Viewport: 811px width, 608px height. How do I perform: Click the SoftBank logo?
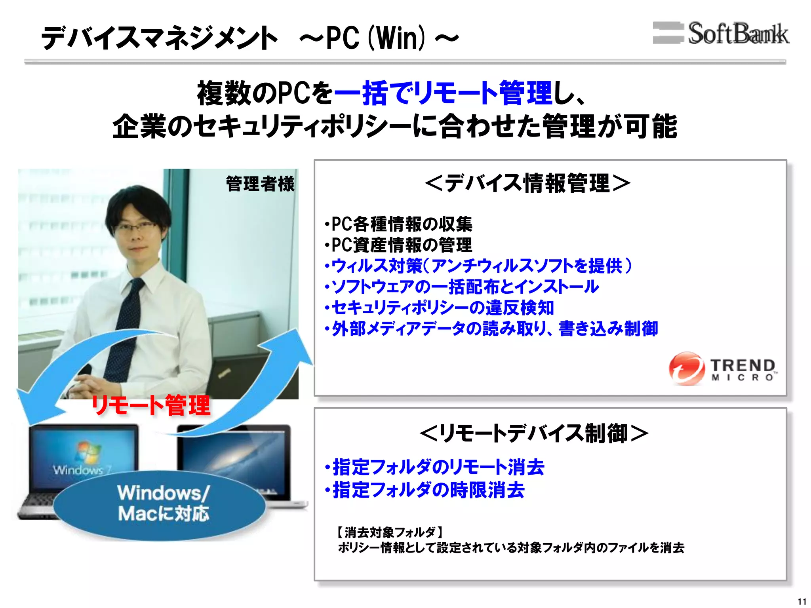click(721, 33)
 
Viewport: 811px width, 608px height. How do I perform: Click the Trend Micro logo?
click(723, 369)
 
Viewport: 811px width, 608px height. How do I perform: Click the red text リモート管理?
click(151, 405)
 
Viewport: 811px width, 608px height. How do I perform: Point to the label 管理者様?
click(260, 184)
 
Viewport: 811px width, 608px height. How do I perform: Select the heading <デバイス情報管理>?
click(527, 183)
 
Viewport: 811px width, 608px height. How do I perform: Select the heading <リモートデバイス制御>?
click(533, 433)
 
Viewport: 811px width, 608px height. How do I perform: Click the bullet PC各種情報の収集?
click(398, 224)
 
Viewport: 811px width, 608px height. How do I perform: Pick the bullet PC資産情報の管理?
click(398, 245)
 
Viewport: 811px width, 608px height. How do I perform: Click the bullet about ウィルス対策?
click(478, 266)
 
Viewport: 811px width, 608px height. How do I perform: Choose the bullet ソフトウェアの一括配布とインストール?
click(462, 287)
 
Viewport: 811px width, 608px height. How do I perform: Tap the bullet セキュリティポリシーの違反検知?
click(439, 308)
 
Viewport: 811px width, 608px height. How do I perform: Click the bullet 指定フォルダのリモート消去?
click(435, 467)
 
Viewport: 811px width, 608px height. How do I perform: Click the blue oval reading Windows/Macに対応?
click(161, 503)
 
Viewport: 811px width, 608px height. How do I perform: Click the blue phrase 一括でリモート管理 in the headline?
click(443, 93)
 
